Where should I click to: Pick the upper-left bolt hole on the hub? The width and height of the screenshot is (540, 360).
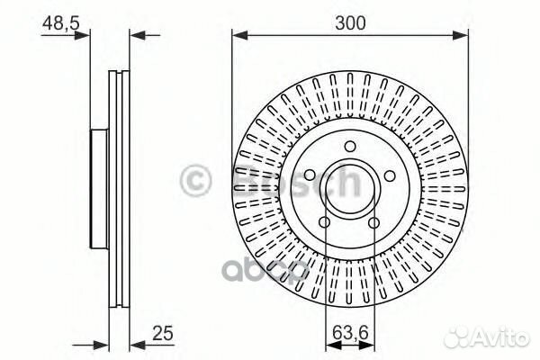point(309,174)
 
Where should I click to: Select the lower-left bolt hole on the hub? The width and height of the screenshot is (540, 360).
point(325,221)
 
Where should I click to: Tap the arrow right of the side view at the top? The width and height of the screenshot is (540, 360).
point(136,36)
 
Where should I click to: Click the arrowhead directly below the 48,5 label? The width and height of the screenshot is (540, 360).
point(85,36)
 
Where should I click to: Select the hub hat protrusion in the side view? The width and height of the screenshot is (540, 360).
point(99,189)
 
